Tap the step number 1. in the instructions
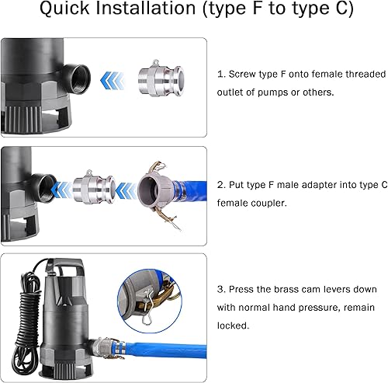[222, 74]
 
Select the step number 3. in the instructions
[222, 289]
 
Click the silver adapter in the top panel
[155, 80]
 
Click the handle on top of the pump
[72, 270]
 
